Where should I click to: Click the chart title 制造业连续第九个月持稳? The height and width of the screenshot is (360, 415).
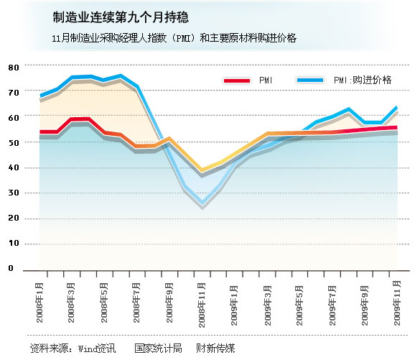(121, 17)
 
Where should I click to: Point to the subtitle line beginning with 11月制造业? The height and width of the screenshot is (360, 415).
(174, 38)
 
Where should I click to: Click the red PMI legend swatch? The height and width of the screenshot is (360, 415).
(237, 80)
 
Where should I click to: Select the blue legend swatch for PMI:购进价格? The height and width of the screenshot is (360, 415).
(310, 80)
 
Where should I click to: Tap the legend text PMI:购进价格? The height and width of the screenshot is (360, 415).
(363, 80)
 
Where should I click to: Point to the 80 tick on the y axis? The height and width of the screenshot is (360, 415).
(14, 68)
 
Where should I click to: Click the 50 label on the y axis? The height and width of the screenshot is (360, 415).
(14, 143)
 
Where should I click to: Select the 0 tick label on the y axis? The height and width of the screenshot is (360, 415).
(11, 268)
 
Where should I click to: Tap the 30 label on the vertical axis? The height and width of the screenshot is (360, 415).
(14, 193)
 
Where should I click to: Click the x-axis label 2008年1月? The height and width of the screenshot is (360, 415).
(39, 303)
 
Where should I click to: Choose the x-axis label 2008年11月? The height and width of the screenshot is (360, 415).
(202, 305)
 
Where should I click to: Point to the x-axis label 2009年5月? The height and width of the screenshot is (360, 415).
(299, 305)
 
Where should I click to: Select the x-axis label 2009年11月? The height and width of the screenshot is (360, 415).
(397, 303)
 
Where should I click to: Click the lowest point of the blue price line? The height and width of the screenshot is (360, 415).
(202, 203)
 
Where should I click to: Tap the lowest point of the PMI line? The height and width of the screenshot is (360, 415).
(202, 170)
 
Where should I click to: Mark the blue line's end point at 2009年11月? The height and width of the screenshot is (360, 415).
(397, 107)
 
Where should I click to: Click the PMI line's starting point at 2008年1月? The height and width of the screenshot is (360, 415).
(40, 131)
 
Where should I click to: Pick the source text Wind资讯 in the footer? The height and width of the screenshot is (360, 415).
(97, 348)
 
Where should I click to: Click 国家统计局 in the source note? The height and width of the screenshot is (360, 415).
(158, 348)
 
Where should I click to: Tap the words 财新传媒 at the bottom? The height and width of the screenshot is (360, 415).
(215, 348)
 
